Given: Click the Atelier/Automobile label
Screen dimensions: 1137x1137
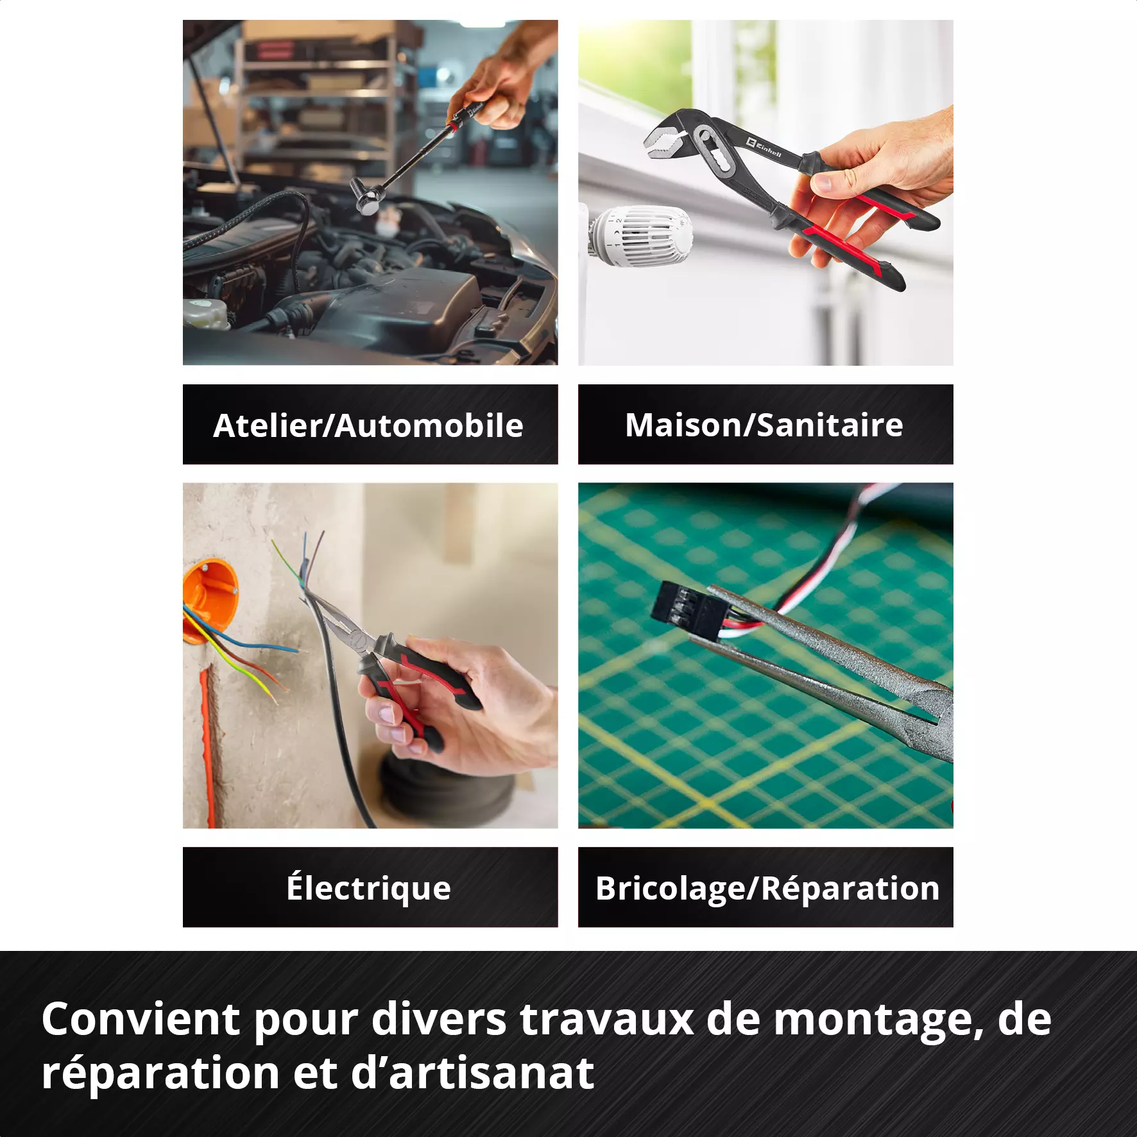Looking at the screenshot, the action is tap(368, 425).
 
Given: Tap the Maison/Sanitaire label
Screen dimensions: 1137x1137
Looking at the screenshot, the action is tap(764, 425).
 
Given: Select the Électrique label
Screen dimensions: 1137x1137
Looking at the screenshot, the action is tap(369, 888).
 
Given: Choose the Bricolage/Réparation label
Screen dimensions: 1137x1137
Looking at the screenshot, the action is tap(767, 889).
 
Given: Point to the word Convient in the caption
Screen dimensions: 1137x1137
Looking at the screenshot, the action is tap(141, 1019).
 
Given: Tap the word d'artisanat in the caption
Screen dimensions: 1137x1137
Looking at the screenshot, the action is tap(473, 1073).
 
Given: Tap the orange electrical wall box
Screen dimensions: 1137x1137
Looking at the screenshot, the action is tap(209, 600).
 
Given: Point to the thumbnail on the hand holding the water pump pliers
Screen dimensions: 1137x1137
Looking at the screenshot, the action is tap(824, 182).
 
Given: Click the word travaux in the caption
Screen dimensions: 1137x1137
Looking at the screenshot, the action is tap(607, 1019).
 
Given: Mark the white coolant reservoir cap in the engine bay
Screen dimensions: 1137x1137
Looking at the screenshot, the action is tap(205, 312).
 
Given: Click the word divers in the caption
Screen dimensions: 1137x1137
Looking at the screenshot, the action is tap(439, 1019).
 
